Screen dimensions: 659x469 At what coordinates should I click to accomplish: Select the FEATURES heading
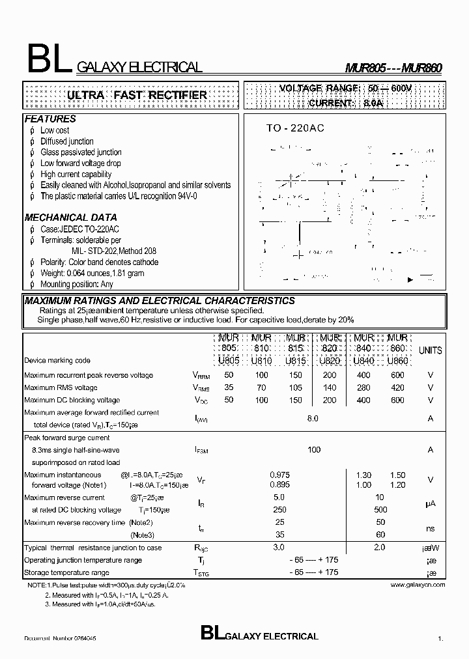(x=50, y=119)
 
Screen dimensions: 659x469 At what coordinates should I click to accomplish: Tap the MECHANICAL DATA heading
(x=71, y=217)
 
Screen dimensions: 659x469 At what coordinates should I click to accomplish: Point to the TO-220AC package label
(x=294, y=128)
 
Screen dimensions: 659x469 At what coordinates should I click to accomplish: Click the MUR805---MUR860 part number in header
(x=394, y=68)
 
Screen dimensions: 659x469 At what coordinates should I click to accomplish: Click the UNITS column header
(x=430, y=350)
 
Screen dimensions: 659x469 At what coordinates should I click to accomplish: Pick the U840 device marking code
(x=363, y=360)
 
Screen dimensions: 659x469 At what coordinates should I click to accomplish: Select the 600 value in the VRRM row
(x=397, y=375)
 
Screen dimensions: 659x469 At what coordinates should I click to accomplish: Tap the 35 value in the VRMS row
(x=228, y=387)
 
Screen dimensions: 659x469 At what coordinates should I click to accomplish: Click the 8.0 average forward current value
(x=313, y=419)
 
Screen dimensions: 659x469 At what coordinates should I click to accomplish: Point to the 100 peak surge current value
(x=314, y=450)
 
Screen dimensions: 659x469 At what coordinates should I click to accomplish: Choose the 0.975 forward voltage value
(x=279, y=475)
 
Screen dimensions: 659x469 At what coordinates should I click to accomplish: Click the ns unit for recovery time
(x=430, y=529)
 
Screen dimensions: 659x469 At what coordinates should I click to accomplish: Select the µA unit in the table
(x=430, y=504)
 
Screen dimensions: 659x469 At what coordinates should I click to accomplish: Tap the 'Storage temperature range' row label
(x=66, y=572)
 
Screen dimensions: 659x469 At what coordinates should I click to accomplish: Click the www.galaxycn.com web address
(x=418, y=585)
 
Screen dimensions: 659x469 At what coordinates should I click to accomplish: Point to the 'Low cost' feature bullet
(x=55, y=130)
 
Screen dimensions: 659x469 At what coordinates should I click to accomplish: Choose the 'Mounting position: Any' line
(x=76, y=285)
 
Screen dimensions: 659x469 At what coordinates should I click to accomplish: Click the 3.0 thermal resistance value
(x=279, y=548)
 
